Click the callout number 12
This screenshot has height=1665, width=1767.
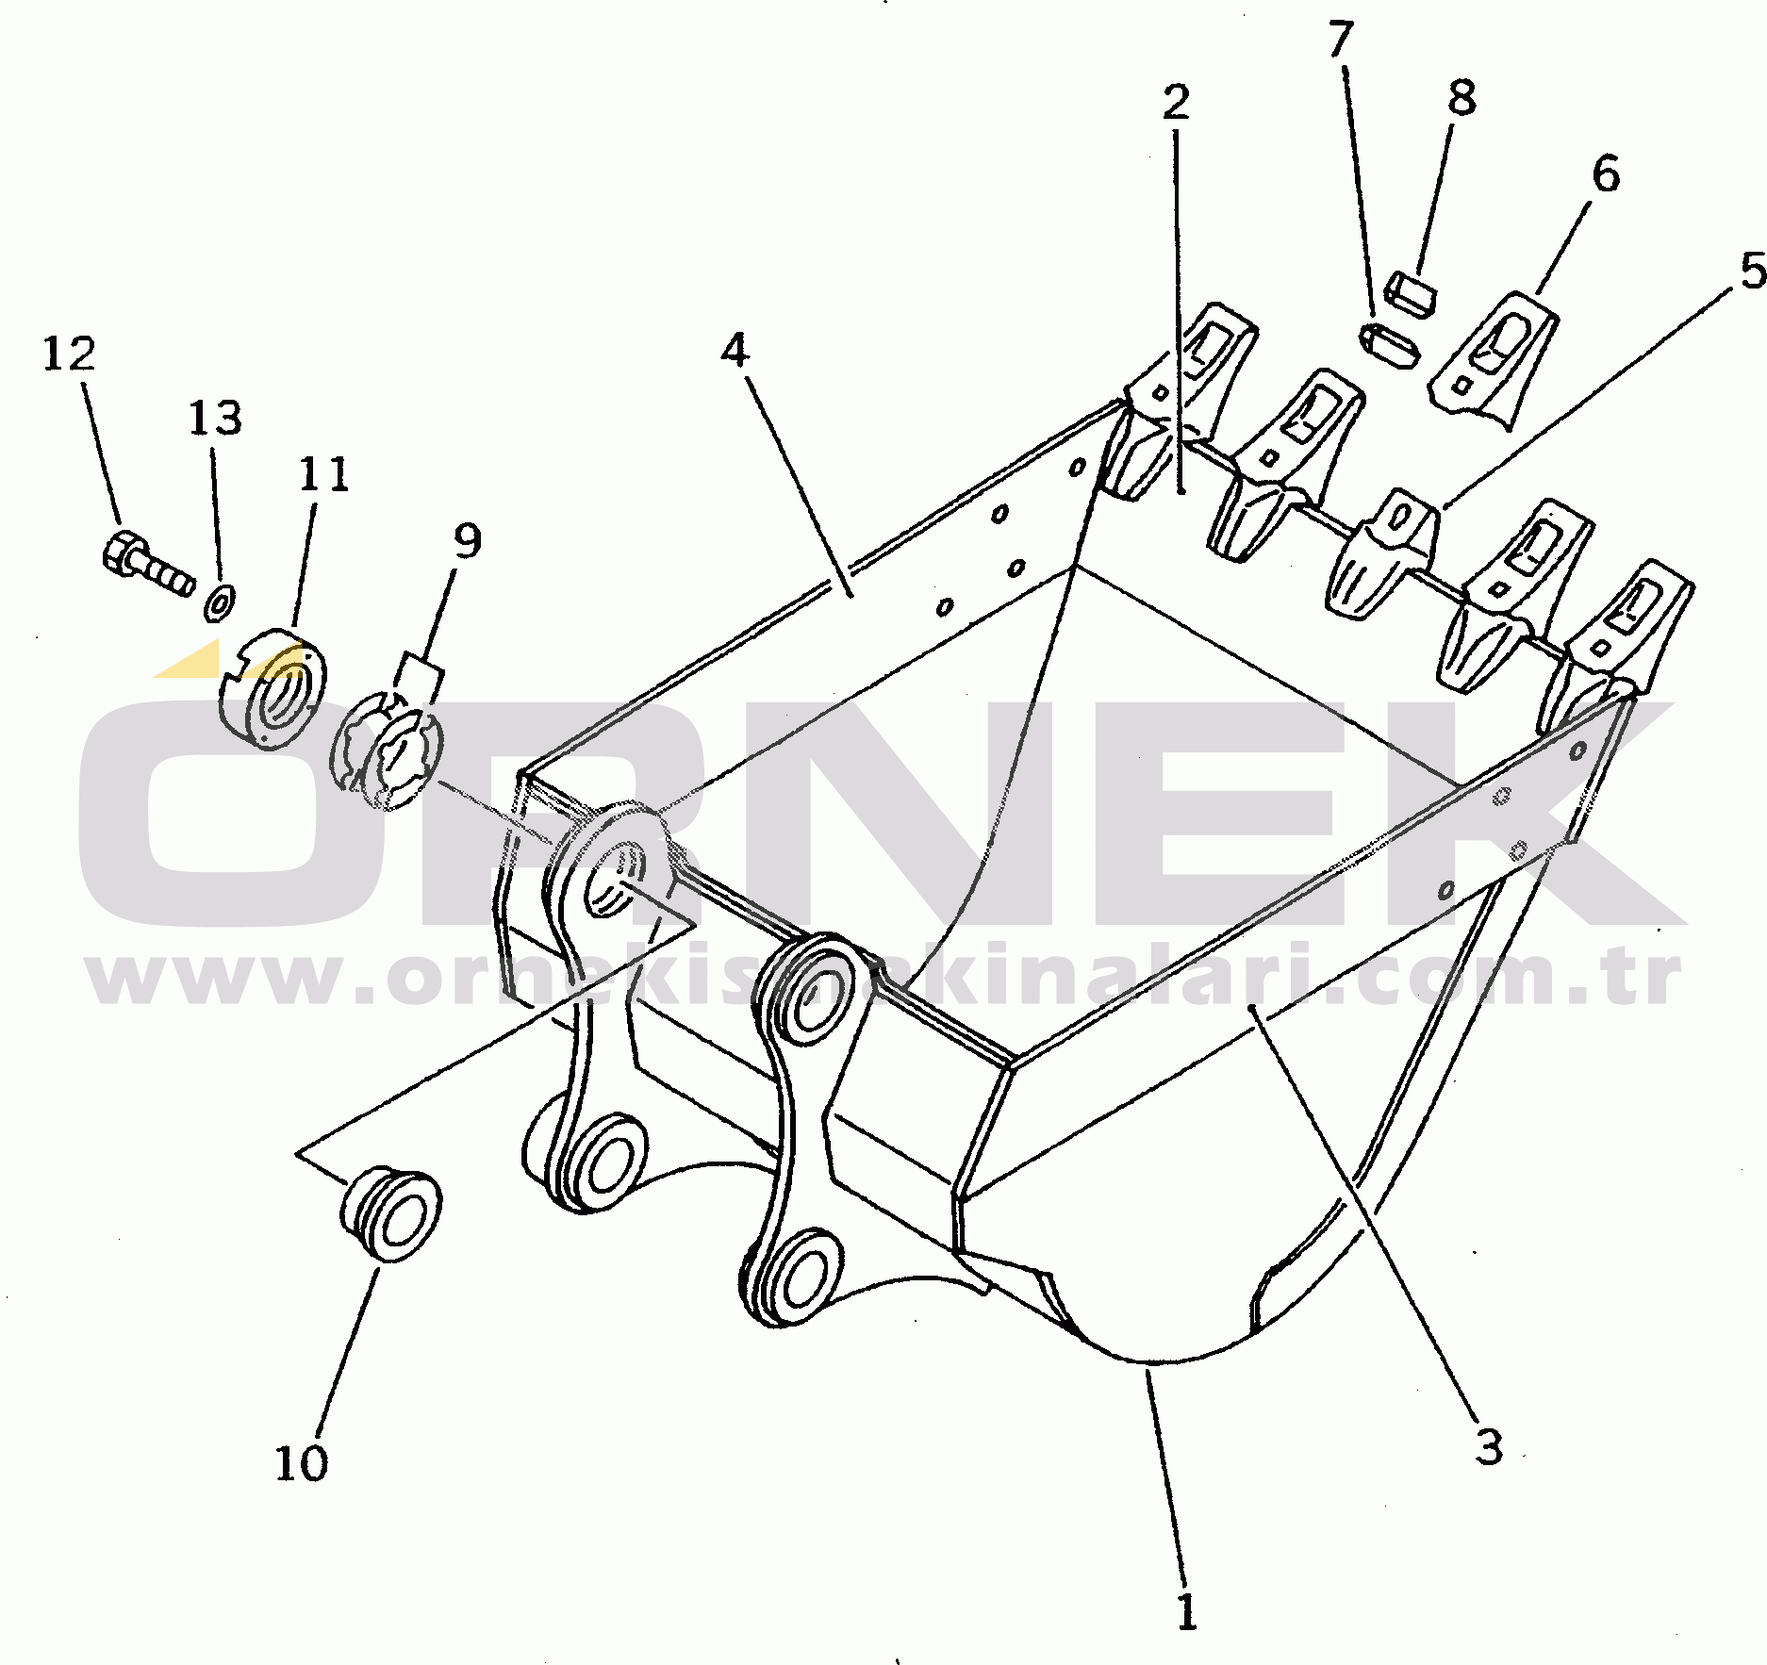point(69,354)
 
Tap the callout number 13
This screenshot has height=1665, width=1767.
point(215,418)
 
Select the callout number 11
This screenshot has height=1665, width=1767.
point(323,474)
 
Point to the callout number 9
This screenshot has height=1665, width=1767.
point(468,540)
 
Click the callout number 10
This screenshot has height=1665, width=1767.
point(301,1463)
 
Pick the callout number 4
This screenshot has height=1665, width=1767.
point(735,350)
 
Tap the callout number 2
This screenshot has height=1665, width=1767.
point(1176,102)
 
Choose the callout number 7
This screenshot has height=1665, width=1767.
point(1340,40)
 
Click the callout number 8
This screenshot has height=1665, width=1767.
point(1461,97)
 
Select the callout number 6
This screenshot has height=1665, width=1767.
point(1605,174)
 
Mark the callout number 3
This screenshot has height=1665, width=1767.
point(1489,1447)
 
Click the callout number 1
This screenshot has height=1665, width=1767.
point(1186,1612)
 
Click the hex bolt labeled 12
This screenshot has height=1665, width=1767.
point(145,563)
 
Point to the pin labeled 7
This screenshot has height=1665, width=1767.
point(1390,344)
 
